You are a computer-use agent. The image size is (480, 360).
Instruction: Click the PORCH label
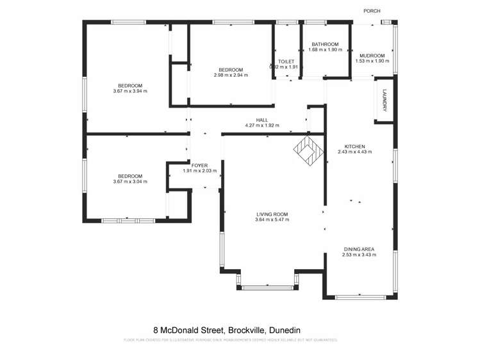[x=372, y=11]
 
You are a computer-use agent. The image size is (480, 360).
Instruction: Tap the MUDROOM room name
[x=372, y=55]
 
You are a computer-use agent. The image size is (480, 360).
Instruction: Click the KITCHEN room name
[x=354, y=145]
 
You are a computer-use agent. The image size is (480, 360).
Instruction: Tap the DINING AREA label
[x=358, y=249]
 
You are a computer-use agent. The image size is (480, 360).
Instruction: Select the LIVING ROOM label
[x=272, y=214]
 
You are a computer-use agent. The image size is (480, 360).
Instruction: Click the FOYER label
[x=199, y=165]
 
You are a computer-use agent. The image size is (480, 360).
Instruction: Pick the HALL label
[x=262, y=120]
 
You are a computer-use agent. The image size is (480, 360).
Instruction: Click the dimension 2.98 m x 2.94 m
[x=231, y=76]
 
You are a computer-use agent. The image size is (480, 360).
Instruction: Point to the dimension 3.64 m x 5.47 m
[x=272, y=220]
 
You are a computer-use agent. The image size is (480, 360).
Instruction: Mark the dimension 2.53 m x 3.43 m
[x=358, y=255]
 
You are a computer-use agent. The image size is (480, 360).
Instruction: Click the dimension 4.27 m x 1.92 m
[x=262, y=126]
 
